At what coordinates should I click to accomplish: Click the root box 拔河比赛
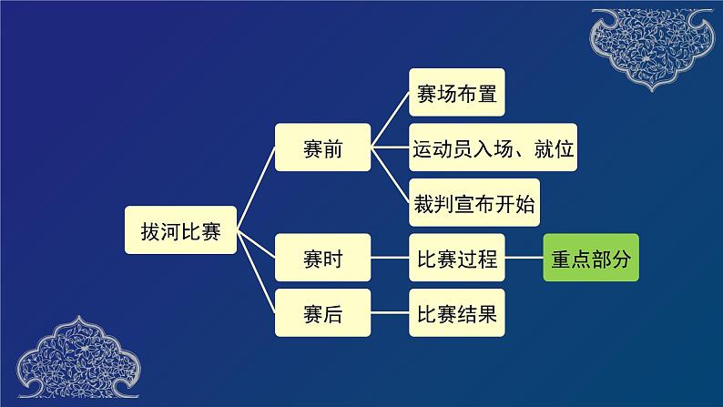tap(181, 229)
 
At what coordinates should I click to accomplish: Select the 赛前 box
tap(322, 148)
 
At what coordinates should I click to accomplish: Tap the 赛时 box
tap(322, 259)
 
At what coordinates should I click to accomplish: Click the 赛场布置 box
tap(455, 96)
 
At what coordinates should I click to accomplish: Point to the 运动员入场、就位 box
tap(494, 148)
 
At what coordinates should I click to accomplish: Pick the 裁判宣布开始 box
tap(473, 204)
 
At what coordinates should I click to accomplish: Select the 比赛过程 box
tap(455, 259)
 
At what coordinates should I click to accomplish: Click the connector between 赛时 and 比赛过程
tap(390, 259)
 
